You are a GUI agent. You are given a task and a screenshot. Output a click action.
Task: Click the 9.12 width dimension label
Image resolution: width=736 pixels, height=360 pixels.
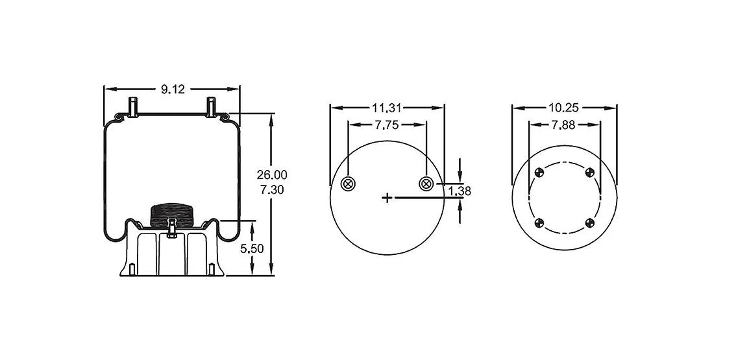pyautogui.click(x=173, y=89)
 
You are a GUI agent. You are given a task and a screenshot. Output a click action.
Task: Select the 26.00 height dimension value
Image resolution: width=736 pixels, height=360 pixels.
pyautogui.click(x=272, y=175)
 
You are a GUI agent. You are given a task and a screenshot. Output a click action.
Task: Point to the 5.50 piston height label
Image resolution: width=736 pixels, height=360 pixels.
pyautogui.click(x=252, y=249)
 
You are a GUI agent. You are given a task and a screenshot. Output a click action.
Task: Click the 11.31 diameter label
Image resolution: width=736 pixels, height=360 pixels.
pyautogui.click(x=387, y=108)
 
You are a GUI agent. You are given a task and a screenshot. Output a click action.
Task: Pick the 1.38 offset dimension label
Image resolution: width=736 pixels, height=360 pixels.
pyautogui.click(x=460, y=191)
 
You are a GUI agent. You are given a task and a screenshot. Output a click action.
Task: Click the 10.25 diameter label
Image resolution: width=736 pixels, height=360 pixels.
pyautogui.click(x=563, y=108)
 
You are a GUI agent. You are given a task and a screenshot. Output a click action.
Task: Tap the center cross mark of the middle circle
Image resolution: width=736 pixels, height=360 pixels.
pyautogui.click(x=387, y=198)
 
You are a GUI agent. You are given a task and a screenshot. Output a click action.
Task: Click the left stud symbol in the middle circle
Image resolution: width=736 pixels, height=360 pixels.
pyautogui.click(x=348, y=184)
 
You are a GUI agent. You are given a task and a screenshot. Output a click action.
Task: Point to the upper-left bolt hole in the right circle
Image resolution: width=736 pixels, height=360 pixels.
pyautogui.click(x=539, y=173)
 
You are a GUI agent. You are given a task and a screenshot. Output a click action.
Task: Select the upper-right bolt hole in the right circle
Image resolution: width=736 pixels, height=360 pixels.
pyautogui.click(x=590, y=173)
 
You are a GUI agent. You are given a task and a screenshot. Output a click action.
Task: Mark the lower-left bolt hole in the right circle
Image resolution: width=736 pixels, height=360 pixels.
pyautogui.click(x=539, y=222)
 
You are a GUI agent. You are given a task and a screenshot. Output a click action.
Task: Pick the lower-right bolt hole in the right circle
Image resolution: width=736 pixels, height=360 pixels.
pyautogui.click(x=590, y=222)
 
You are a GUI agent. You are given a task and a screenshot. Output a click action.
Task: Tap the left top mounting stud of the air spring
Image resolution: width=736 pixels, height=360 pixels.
pyautogui.click(x=133, y=106)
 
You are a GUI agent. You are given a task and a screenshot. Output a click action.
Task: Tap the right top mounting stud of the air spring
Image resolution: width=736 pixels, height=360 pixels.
pyautogui.click(x=211, y=106)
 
